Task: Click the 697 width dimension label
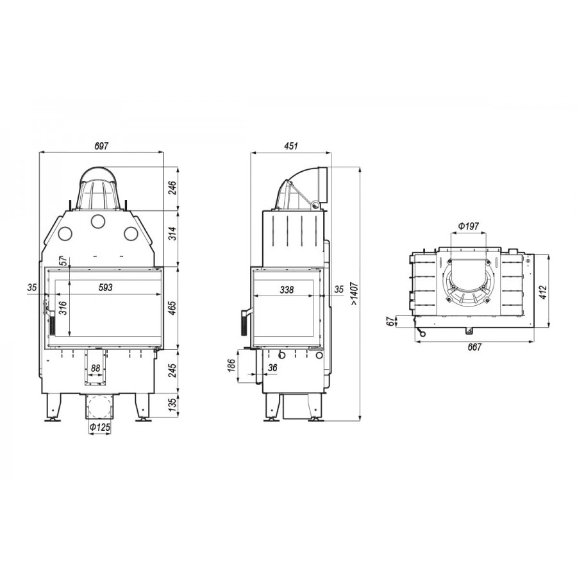[x=101, y=146]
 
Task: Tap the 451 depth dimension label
[x=290, y=146]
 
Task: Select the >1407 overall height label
[x=354, y=294]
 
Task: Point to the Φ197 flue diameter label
[x=469, y=226]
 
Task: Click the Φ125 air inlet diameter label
[x=100, y=427]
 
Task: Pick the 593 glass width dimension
[x=106, y=287]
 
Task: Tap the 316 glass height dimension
[x=63, y=308]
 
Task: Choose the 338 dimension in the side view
[x=287, y=290]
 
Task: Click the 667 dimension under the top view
[x=474, y=347]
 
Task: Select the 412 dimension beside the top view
[x=544, y=292]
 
